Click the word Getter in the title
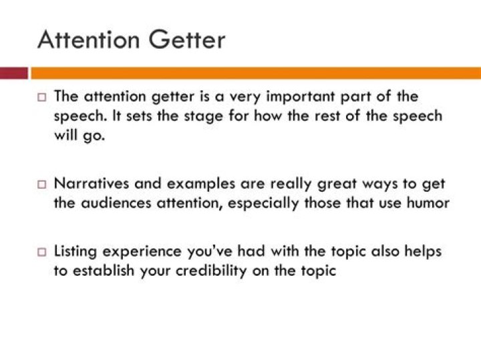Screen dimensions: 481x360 click(x=187, y=39)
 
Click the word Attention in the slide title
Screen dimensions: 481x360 click(x=89, y=39)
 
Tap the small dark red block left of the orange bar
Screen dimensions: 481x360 click(x=14, y=73)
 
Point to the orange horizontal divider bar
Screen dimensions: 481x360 click(x=256, y=73)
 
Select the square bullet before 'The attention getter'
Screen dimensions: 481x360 click(x=41, y=98)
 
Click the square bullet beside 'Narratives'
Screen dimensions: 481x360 click(x=41, y=184)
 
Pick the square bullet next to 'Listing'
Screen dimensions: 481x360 click(x=41, y=252)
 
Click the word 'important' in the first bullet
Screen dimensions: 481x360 click(x=301, y=98)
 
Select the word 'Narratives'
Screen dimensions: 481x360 click(x=92, y=184)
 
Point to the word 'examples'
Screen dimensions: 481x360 click(x=201, y=184)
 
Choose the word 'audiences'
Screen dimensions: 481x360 click(x=116, y=203)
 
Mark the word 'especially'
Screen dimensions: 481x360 click(x=263, y=204)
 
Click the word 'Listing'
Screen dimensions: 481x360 click(x=75, y=252)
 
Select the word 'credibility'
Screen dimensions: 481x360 click(x=211, y=271)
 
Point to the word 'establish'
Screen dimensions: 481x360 click(x=104, y=271)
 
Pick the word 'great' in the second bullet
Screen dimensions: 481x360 click(x=337, y=184)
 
